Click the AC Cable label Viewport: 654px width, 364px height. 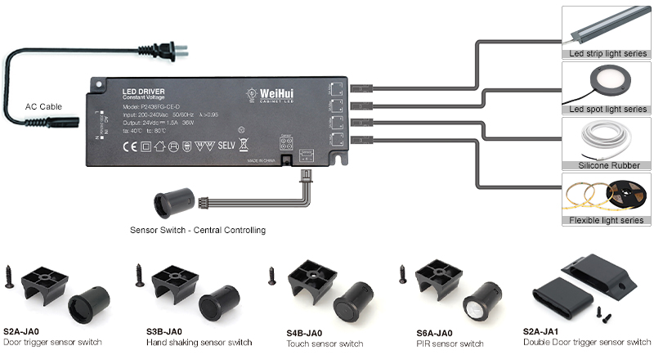pos(43,107)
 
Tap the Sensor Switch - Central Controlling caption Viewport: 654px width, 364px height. pos(198,231)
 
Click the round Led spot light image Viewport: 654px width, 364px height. pos(606,84)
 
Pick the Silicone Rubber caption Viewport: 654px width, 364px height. pos(606,164)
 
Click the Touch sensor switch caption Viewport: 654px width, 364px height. pos(325,344)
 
